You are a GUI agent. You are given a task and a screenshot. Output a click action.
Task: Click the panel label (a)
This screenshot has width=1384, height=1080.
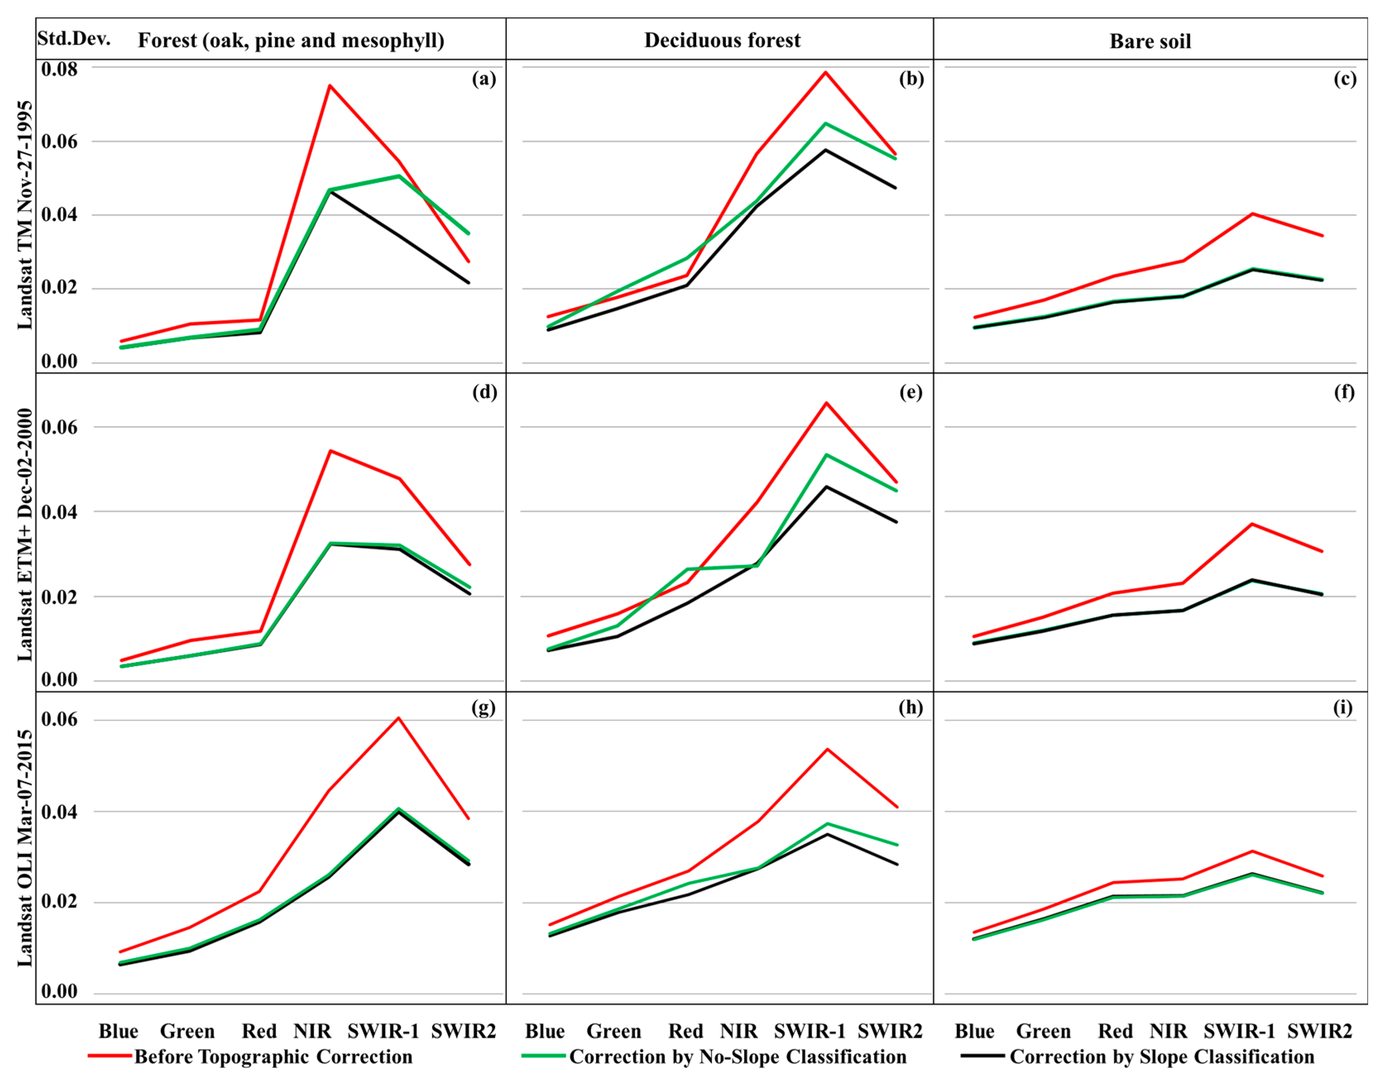[484, 79]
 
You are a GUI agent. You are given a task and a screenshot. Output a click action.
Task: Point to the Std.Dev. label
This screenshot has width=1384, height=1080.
[74, 38]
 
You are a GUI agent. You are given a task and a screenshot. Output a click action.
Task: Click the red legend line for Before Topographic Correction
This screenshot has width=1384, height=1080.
[110, 1056]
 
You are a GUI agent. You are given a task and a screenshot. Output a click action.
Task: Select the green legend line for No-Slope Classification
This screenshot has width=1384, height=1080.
[543, 1056]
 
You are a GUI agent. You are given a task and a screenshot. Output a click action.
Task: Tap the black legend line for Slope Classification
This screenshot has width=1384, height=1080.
[982, 1056]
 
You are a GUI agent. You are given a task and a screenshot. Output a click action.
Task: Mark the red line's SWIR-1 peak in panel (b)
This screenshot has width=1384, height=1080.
[825, 72]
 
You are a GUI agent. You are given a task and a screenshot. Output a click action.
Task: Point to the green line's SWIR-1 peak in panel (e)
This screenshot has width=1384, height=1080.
[826, 455]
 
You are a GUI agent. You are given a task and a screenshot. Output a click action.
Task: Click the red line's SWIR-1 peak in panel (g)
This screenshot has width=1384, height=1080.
[399, 718]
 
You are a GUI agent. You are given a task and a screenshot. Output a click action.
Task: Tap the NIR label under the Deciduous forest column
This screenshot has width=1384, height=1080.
[739, 1031]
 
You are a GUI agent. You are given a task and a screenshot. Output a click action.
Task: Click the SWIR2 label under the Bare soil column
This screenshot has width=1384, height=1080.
[1319, 1031]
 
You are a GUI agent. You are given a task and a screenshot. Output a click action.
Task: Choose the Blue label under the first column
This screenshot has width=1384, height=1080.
[118, 1031]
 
